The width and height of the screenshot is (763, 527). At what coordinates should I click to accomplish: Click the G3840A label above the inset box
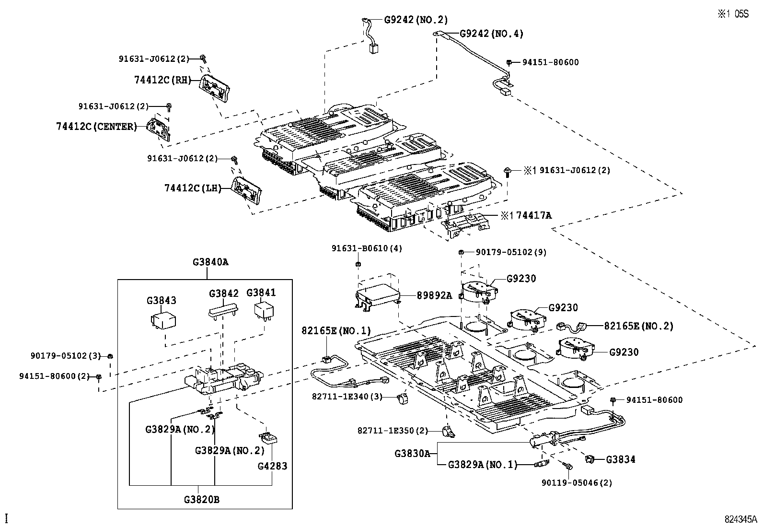pyautogui.click(x=210, y=262)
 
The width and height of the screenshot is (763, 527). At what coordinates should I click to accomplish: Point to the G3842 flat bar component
pyautogui.click(x=223, y=310)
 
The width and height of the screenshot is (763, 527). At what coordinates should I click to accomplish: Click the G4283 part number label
pyautogui.click(x=272, y=466)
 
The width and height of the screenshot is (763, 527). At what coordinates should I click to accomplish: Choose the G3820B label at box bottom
pyautogui.click(x=201, y=499)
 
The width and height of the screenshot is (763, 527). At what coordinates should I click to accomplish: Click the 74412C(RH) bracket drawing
pyautogui.click(x=214, y=88)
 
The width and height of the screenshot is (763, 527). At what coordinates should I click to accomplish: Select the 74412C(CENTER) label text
pyautogui.click(x=96, y=127)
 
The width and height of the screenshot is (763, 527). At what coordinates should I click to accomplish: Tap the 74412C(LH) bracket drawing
pyautogui.click(x=247, y=190)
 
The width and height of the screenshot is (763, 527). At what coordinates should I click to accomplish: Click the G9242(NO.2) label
pyautogui.click(x=416, y=20)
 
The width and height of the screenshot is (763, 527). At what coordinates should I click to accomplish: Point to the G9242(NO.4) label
pyautogui.click(x=491, y=34)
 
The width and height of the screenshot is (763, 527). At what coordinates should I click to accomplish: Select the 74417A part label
pyautogui.click(x=533, y=216)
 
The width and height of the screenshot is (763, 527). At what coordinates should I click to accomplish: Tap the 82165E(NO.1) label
pyautogui.click(x=336, y=331)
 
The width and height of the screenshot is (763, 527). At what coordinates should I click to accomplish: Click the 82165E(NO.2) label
pyautogui.click(x=638, y=326)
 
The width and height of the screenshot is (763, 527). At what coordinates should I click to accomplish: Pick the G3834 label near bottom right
pyautogui.click(x=621, y=459)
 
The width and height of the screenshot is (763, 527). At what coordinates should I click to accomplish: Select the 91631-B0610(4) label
pyautogui.click(x=367, y=248)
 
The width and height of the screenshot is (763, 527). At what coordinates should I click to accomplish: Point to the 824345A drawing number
pyautogui.click(x=740, y=519)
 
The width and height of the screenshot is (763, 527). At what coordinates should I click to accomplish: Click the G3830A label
pyautogui.click(x=412, y=453)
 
